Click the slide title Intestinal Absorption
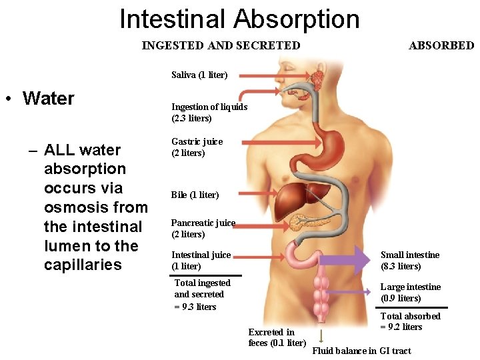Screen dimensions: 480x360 coord(239,19)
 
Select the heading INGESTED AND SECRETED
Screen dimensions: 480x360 coord(221,45)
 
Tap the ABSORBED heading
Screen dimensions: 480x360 coord(441,45)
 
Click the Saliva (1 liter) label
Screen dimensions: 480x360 coord(199,75)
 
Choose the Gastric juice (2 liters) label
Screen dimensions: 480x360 coord(197,147)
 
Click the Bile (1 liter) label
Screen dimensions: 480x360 coord(195,195)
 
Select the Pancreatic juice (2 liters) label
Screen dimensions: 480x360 coord(203,229)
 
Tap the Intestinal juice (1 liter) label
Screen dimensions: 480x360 coord(201,260)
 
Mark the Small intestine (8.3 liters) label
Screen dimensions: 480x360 coord(409,260)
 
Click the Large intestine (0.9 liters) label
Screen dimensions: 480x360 coord(410,292)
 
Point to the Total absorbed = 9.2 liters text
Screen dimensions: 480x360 coord(410,321)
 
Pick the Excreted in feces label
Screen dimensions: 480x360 coord(276,337)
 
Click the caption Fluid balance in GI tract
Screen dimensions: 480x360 coord(361,351)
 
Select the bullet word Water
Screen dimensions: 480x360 coord(48,99)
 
